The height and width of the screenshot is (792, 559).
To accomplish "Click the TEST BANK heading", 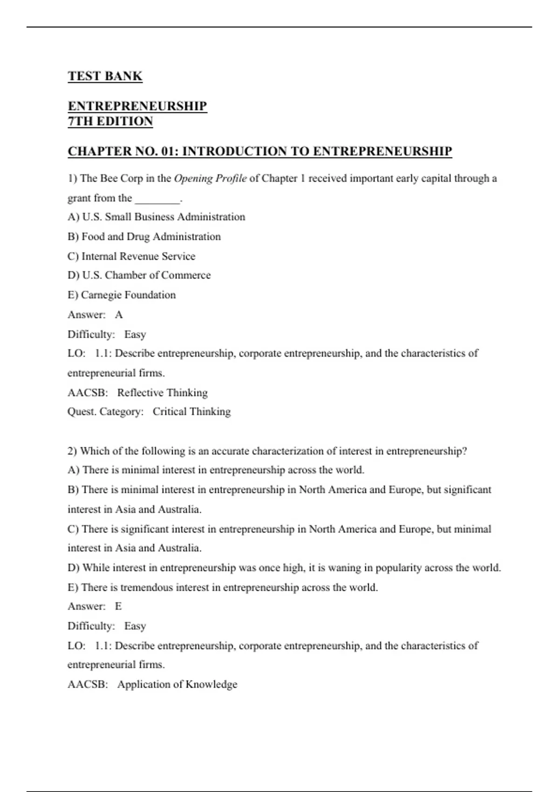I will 105,76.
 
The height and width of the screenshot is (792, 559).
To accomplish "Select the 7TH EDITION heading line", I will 110,121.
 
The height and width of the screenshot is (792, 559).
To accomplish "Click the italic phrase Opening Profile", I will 210,178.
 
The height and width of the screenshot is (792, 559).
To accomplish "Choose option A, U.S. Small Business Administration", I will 156,217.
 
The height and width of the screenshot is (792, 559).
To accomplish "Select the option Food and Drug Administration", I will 144,237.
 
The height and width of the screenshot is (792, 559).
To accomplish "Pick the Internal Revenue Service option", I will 132,256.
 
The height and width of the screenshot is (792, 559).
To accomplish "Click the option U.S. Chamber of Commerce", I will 139,275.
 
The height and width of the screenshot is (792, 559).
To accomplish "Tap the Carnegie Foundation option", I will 122,295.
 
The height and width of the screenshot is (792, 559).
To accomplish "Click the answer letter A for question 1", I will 119,315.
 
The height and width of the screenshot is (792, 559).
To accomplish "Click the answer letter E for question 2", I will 118,607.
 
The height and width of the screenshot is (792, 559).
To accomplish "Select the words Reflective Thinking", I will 162,393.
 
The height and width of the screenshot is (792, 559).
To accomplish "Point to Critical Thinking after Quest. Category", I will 191,412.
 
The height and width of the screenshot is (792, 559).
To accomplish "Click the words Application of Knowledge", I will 177,684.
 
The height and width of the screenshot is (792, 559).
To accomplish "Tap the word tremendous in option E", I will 146,587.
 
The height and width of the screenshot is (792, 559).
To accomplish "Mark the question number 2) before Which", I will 72,451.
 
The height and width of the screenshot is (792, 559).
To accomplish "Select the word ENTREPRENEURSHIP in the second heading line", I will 137,106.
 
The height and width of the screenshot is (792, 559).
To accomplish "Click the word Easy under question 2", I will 135,626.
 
